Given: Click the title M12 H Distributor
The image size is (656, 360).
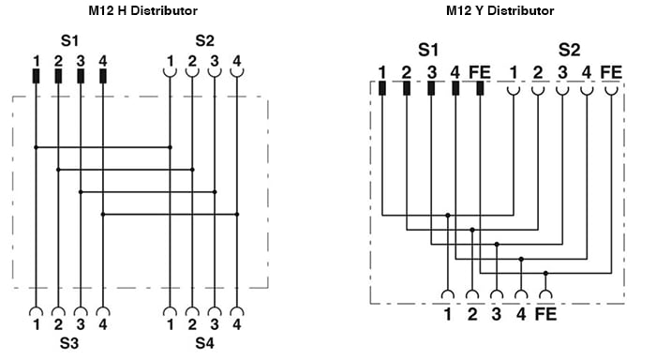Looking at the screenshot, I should (x=136, y=11).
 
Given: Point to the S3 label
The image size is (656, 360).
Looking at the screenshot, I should (x=69, y=343).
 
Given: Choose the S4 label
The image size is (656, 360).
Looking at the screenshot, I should (x=204, y=343).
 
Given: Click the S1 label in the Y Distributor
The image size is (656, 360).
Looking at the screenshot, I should (x=428, y=49).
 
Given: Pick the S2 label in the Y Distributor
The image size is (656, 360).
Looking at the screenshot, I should (x=569, y=49).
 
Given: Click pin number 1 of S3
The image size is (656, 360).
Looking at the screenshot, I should (x=36, y=325).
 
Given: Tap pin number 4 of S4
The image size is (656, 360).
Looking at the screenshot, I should (x=237, y=325).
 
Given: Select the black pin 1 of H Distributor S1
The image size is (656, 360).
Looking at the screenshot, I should (x=36, y=76).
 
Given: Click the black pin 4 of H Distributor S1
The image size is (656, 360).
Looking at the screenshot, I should (x=103, y=76).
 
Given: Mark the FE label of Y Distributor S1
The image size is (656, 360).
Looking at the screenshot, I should (x=479, y=72).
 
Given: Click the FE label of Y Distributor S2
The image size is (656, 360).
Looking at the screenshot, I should (x=611, y=72).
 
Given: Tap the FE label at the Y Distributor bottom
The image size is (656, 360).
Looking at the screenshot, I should (x=545, y=315).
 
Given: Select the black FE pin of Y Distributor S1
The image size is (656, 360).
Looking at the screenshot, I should (x=479, y=89).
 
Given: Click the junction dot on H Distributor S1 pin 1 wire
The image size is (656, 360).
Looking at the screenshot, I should (x=36, y=147).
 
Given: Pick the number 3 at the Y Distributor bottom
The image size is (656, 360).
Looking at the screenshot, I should (x=496, y=315).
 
